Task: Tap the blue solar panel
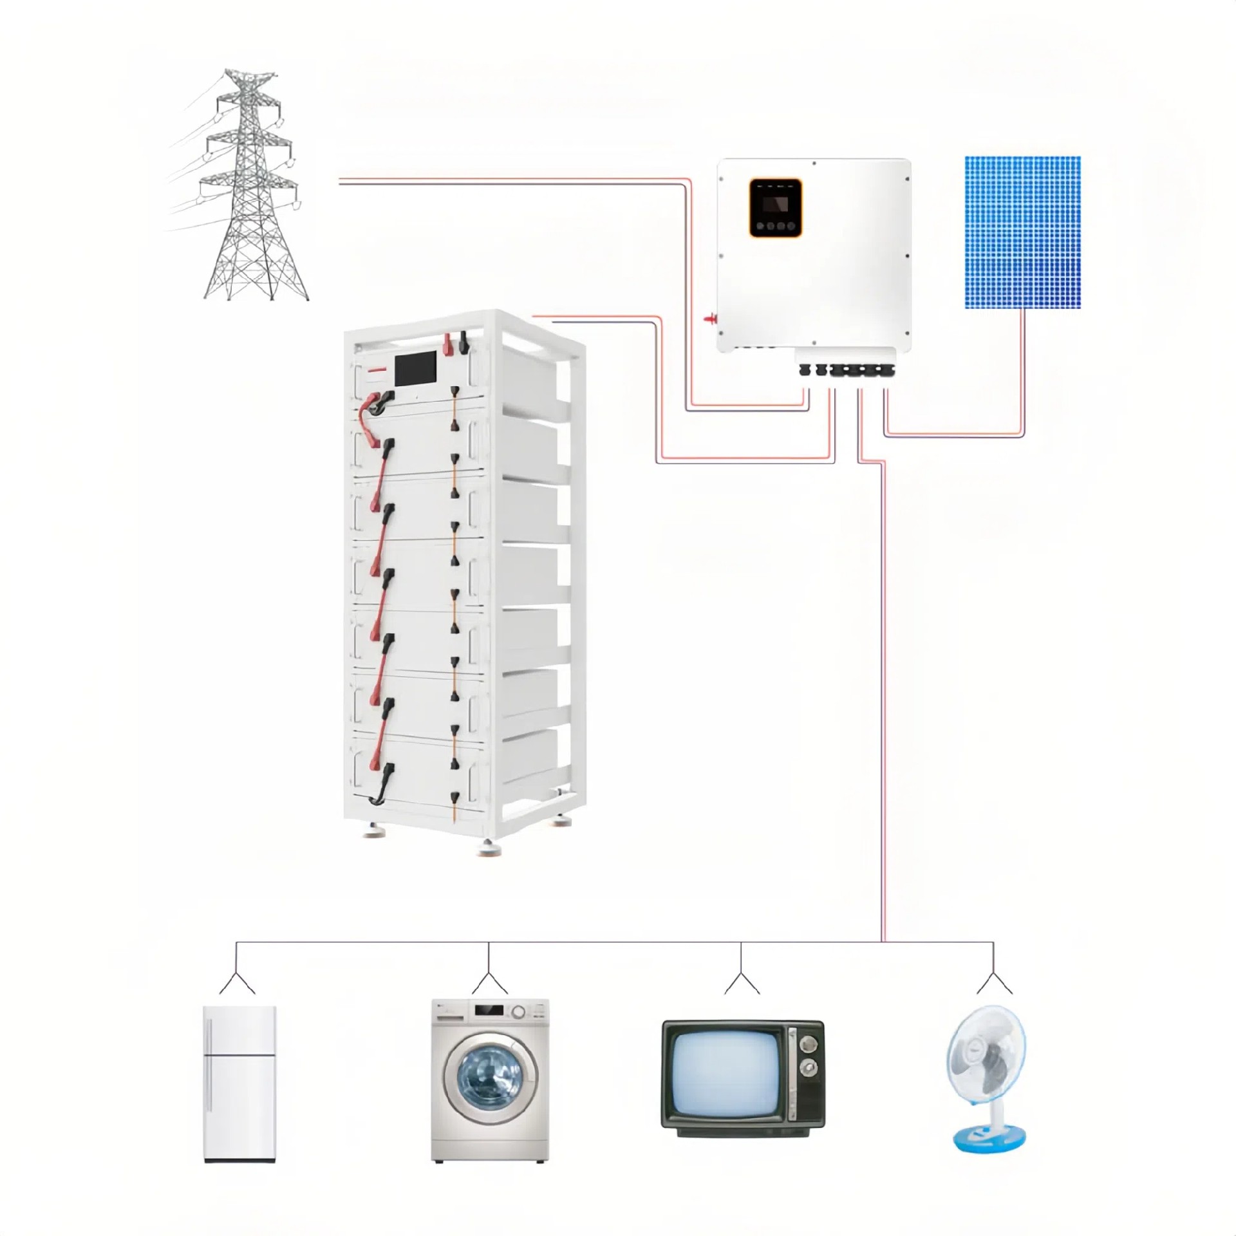pyautogui.click(x=1022, y=232)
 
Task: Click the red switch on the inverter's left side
pyautogui.click(x=710, y=318)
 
